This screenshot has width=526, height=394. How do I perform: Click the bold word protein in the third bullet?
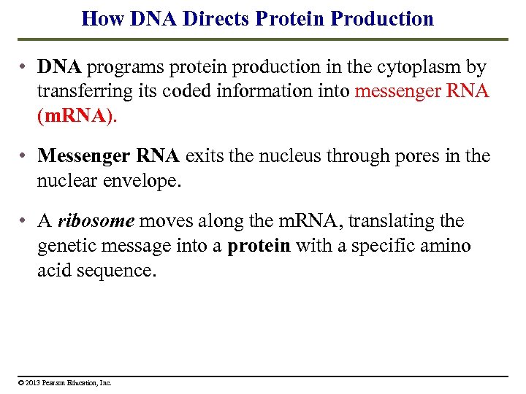pyautogui.click(x=259, y=246)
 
